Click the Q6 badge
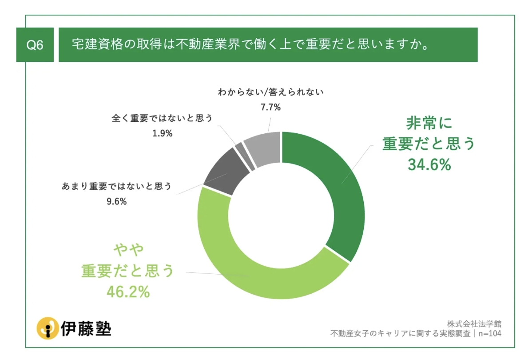coord(35,45)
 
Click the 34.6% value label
coord(429,165)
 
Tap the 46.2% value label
coord(127,292)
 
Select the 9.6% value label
coord(116,201)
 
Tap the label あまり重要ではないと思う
coord(116,186)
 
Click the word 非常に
coord(429,123)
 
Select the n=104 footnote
coord(488,333)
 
